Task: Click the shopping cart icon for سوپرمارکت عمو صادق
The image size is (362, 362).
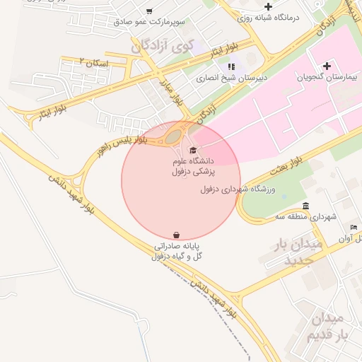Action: pyautogui.click(x=148, y=11)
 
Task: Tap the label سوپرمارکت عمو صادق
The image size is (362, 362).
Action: pyautogui.click(x=149, y=22)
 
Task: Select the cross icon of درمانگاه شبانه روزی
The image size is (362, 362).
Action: pyautogui.click(x=268, y=6)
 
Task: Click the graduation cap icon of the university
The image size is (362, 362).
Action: pyautogui.click(x=194, y=150)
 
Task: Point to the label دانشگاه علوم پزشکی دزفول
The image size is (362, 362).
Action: pyautogui.click(x=196, y=166)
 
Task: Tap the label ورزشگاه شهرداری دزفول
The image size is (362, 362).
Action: pyautogui.click(x=246, y=189)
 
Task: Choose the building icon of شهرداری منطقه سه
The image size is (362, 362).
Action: pyautogui.click(x=305, y=206)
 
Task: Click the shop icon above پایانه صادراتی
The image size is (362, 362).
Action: pyautogui.click(x=176, y=235)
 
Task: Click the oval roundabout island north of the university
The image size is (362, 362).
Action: pyautogui.click(x=174, y=135)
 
